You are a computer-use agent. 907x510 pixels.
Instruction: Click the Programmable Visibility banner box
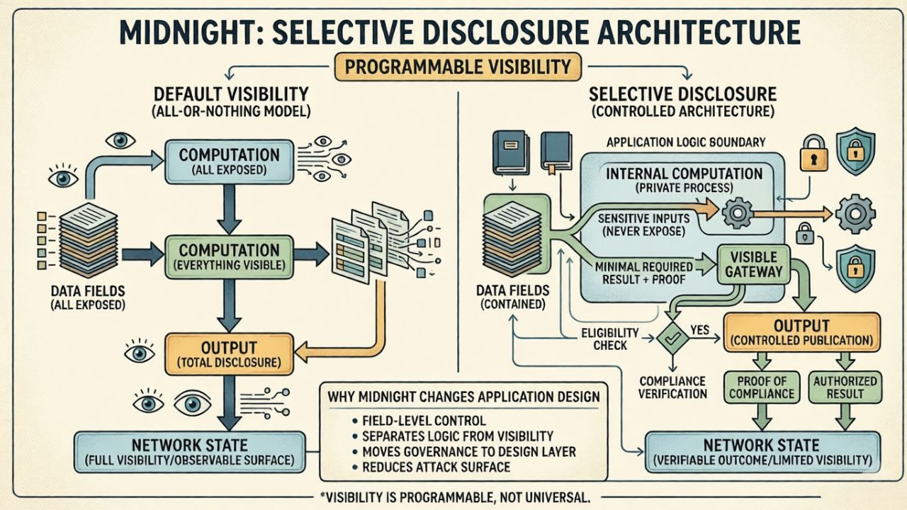458,67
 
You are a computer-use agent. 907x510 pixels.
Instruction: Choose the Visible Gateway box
753,265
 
